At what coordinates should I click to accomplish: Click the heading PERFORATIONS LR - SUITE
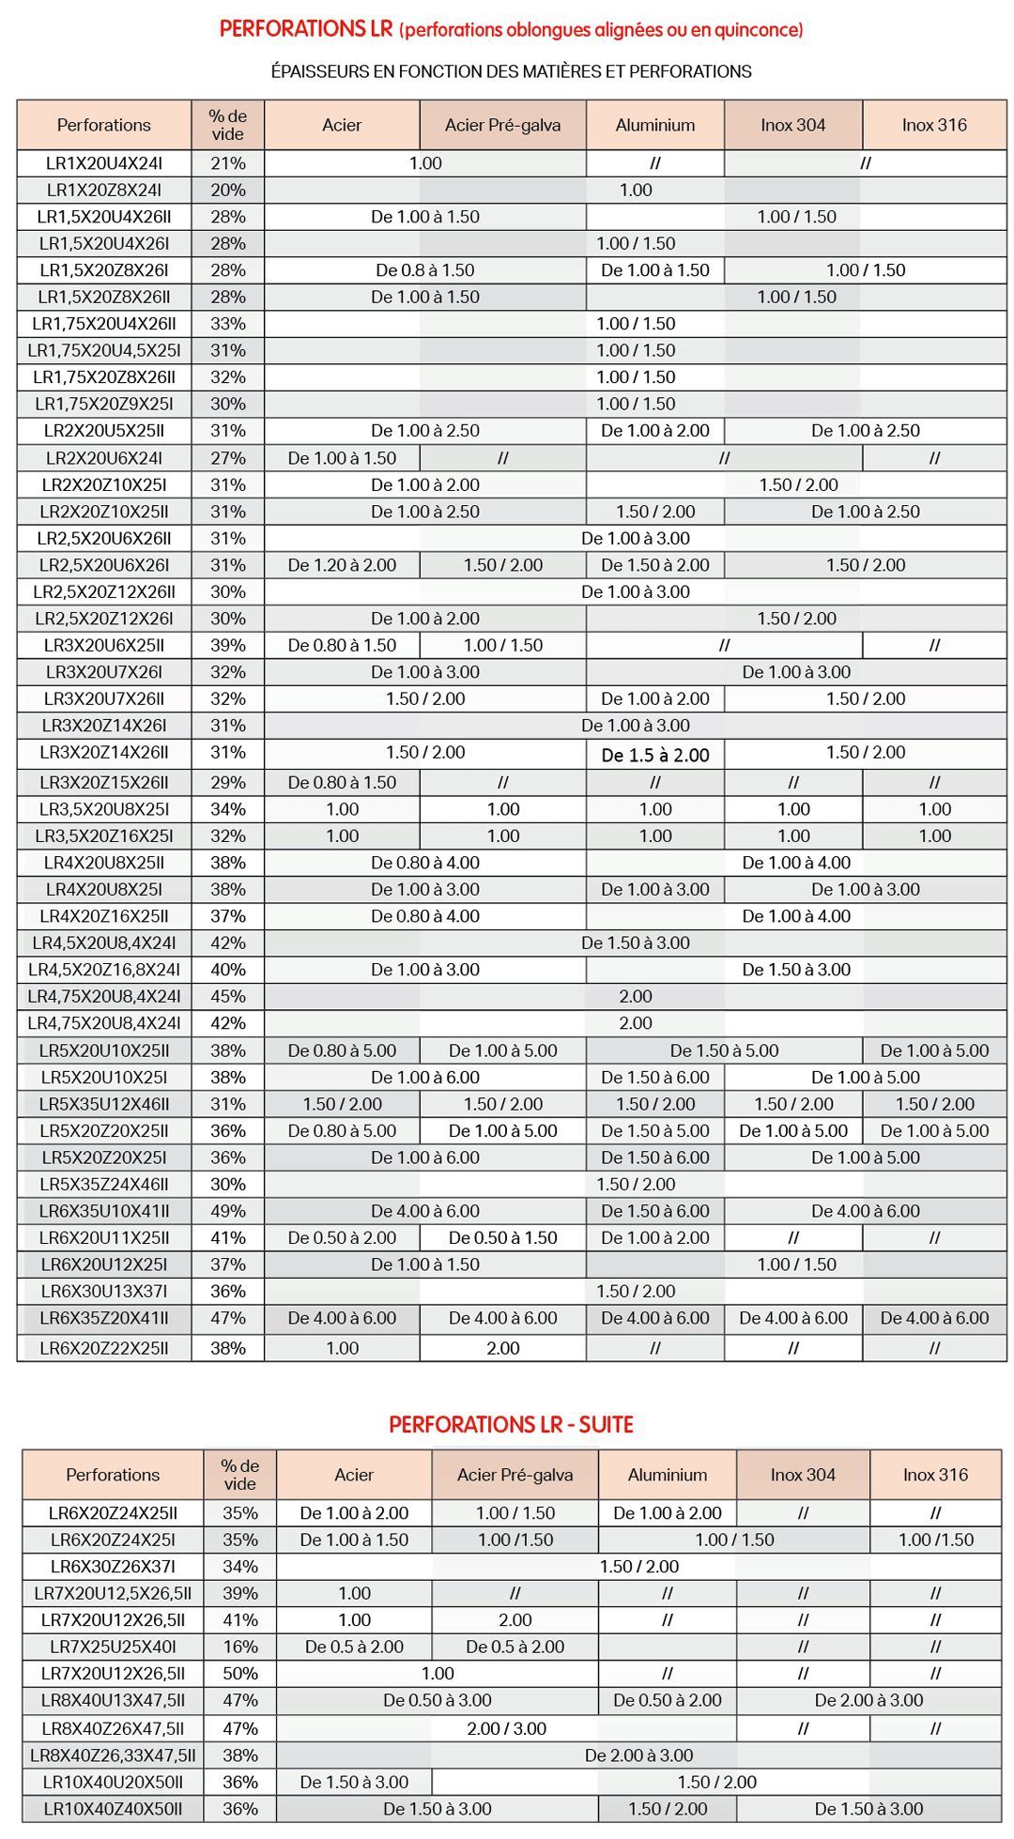point(511,1424)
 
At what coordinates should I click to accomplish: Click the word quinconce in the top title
point(759,30)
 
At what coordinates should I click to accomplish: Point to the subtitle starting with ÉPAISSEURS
point(511,71)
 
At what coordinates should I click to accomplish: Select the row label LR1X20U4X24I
point(104,163)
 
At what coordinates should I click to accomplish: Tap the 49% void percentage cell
point(228,1211)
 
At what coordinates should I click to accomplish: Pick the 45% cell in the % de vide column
point(228,996)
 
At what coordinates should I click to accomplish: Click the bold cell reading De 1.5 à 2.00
point(655,755)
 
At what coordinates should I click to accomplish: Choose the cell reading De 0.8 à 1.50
point(425,270)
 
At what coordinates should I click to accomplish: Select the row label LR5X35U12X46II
point(104,1104)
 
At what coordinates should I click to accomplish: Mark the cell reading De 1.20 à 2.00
point(342,565)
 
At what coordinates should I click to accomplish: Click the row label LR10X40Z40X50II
point(113,1808)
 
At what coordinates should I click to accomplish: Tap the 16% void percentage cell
point(240,1647)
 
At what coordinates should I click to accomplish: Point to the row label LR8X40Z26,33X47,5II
point(113,1755)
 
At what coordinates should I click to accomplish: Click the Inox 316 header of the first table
point(934,125)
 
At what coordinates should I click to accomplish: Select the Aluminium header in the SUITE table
point(668,1475)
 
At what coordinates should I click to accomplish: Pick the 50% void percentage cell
point(240,1673)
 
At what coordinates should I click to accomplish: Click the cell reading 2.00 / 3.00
point(506,1728)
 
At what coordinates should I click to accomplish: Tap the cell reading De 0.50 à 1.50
point(503,1237)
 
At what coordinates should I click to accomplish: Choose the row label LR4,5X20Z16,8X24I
point(104,970)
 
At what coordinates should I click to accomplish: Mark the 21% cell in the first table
point(228,163)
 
